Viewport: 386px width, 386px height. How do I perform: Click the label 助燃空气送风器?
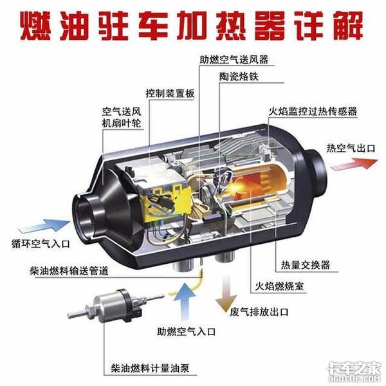pos(234,60)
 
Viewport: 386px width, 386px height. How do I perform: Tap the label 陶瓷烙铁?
pos(239,77)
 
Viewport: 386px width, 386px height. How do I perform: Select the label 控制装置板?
pos(170,93)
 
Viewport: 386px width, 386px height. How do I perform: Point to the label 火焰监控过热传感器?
pos(313,111)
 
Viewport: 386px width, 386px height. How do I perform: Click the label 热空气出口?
pos(351,148)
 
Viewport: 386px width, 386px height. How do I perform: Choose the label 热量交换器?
pos(305,265)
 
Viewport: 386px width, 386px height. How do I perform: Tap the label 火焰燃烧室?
pos(279,286)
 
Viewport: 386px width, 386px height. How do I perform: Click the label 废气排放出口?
pos(259,312)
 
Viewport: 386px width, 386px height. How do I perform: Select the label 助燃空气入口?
pos(186,331)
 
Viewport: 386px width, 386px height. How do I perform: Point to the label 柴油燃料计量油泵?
pos(150,368)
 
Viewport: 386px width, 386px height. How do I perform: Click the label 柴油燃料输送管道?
pos(69,271)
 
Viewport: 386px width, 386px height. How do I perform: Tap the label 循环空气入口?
pos(41,244)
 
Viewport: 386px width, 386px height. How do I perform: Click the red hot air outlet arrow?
pos(354,164)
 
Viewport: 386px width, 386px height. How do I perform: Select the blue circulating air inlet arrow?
pos(44,225)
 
